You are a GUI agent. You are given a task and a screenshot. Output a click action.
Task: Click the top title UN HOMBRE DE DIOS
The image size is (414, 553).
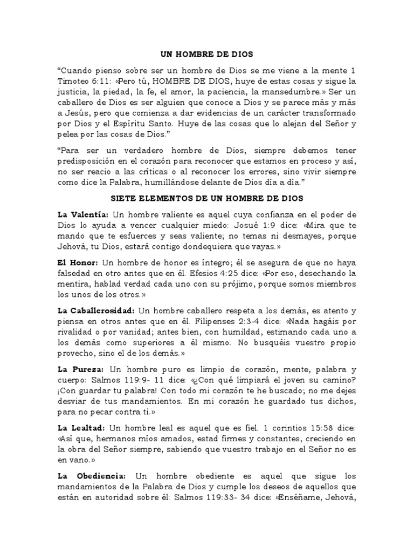tap(207, 55)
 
